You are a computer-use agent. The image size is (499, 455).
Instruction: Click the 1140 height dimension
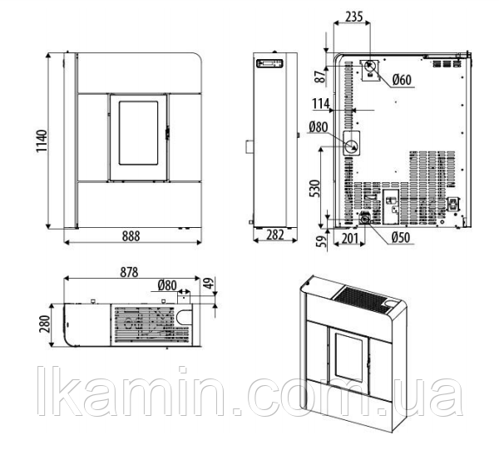[x=42, y=141]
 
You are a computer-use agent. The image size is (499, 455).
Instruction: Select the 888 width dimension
[x=131, y=236]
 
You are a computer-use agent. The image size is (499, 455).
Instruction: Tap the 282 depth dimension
[x=274, y=235]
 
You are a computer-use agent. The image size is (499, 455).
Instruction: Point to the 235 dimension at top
[x=353, y=17]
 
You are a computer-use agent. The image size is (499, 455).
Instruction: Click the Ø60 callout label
[x=402, y=80]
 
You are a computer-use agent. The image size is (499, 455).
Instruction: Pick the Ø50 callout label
[x=401, y=238]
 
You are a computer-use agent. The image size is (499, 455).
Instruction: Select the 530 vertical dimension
[x=314, y=189]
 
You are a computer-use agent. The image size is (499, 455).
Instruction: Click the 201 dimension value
[x=350, y=238]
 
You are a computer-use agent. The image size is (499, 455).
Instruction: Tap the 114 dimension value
[x=320, y=104]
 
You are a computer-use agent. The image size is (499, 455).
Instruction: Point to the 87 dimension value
[x=320, y=76]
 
